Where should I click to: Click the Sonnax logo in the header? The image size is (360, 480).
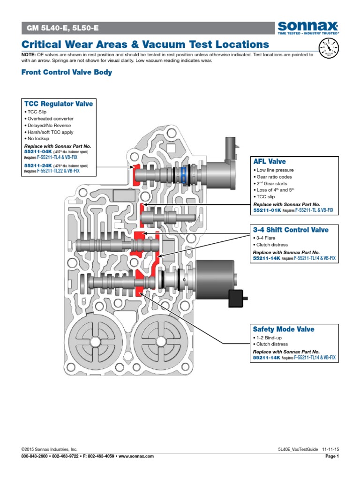point(308,28)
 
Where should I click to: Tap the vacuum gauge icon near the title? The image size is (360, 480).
point(329,48)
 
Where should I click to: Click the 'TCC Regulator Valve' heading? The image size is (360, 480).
point(59,104)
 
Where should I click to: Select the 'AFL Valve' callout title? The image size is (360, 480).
point(270,161)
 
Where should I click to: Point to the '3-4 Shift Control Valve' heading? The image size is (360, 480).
point(291,230)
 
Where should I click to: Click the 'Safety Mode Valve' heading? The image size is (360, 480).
point(284,329)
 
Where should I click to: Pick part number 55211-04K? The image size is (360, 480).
point(38,151)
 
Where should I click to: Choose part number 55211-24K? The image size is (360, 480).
point(38,165)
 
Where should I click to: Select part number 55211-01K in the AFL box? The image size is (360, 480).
point(267,210)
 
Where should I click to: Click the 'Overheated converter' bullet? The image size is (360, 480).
point(49,119)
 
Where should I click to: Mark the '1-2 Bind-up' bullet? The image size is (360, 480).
point(267,337)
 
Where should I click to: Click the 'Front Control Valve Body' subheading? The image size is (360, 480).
point(67,72)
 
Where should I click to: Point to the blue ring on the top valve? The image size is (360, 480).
point(184,175)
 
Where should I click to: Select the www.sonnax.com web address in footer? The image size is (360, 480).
point(136,456)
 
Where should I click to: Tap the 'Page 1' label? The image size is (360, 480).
point(332,456)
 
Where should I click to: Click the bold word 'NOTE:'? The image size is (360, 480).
point(29,55)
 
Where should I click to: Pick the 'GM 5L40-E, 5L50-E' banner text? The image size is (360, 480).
point(63,28)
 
